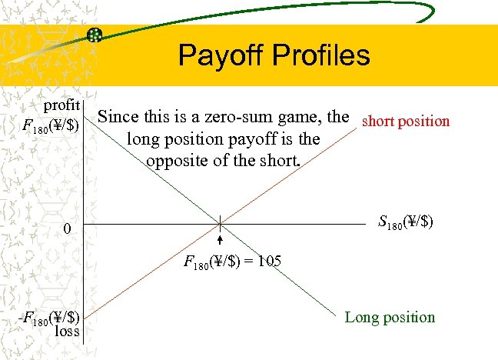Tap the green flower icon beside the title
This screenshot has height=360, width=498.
click(95, 35)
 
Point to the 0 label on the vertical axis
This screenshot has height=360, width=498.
click(68, 229)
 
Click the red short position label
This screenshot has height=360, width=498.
click(406, 121)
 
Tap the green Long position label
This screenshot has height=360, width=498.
click(390, 317)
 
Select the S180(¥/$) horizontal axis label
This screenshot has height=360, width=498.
click(406, 224)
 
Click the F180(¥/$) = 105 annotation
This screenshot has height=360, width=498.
click(233, 262)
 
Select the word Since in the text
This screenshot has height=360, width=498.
click(118, 118)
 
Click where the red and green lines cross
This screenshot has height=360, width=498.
click(221, 224)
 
